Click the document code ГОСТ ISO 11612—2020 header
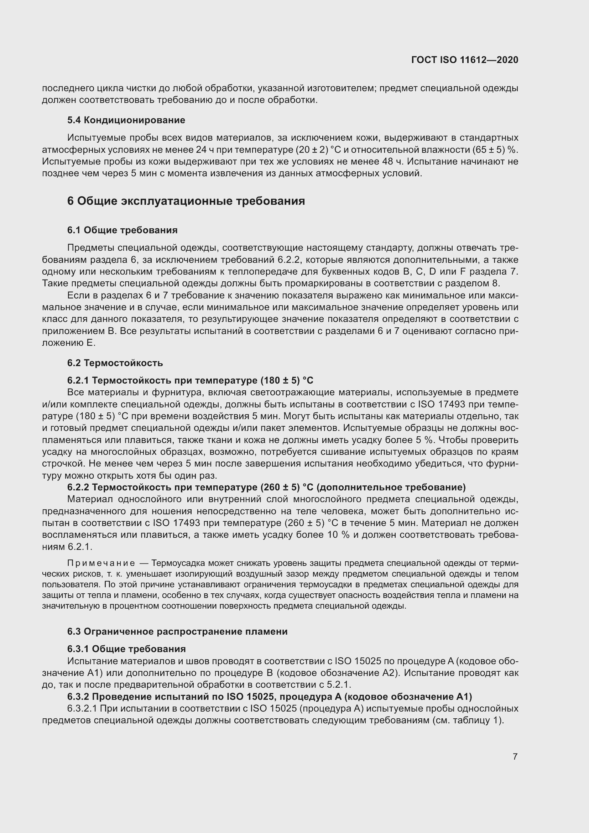tap(465, 60)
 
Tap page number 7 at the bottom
tap(515, 756)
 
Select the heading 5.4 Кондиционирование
tap(126, 120)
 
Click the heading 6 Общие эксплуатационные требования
tap(186, 201)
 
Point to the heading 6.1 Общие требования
tap(122, 230)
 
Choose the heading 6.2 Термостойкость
tap(115, 363)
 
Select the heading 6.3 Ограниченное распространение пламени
tap(177, 632)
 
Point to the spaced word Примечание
tap(101, 563)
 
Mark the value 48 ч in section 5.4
tap(392, 161)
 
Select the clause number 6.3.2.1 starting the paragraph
tap(82, 709)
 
